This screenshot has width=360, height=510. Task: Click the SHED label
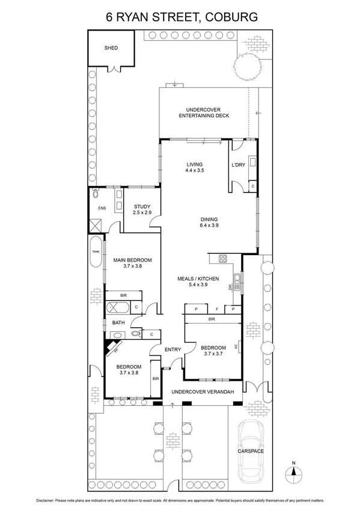[111, 48]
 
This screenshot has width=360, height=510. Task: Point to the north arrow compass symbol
[293, 470]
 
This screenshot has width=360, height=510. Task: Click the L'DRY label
[237, 164]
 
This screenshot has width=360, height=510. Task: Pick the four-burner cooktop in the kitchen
[222, 260]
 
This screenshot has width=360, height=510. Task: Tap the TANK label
[95, 252]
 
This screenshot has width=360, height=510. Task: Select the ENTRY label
[172, 349]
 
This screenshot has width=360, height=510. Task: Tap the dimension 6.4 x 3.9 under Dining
[209, 226]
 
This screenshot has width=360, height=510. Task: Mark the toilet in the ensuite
[96, 194]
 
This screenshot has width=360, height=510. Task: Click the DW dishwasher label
[230, 287]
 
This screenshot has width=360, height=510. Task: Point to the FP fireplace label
[115, 348]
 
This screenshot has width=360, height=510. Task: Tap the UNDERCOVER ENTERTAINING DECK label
[204, 112]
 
